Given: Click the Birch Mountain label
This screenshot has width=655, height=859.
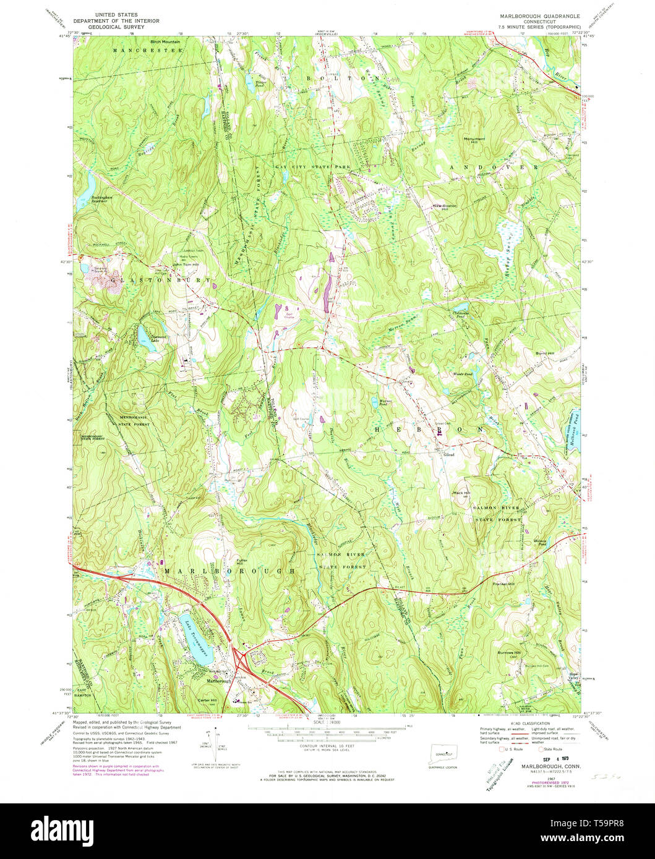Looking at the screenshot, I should [165, 41].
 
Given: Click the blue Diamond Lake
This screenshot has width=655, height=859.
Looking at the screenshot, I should [143, 334].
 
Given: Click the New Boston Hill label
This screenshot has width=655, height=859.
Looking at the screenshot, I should [444, 207].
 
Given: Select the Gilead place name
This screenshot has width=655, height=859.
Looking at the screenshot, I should [449, 454].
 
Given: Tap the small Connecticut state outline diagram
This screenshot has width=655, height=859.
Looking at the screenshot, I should [440, 754].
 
